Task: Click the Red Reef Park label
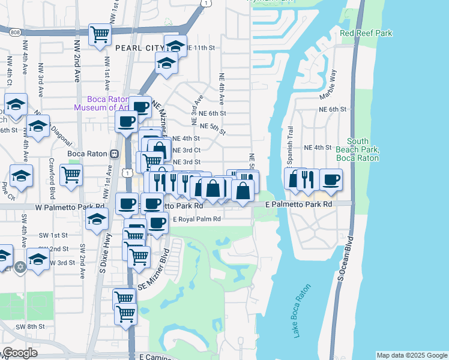(x=366, y=33)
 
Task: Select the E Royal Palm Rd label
(x=197, y=220)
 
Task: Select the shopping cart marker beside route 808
(x=99, y=34)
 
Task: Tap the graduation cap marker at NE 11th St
(x=175, y=46)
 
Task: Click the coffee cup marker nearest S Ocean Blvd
(x=330, y=179)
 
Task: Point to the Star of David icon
(x=20, y=266)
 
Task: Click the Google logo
(x=20, y=353)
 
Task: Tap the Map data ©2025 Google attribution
(x=412, y=355)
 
